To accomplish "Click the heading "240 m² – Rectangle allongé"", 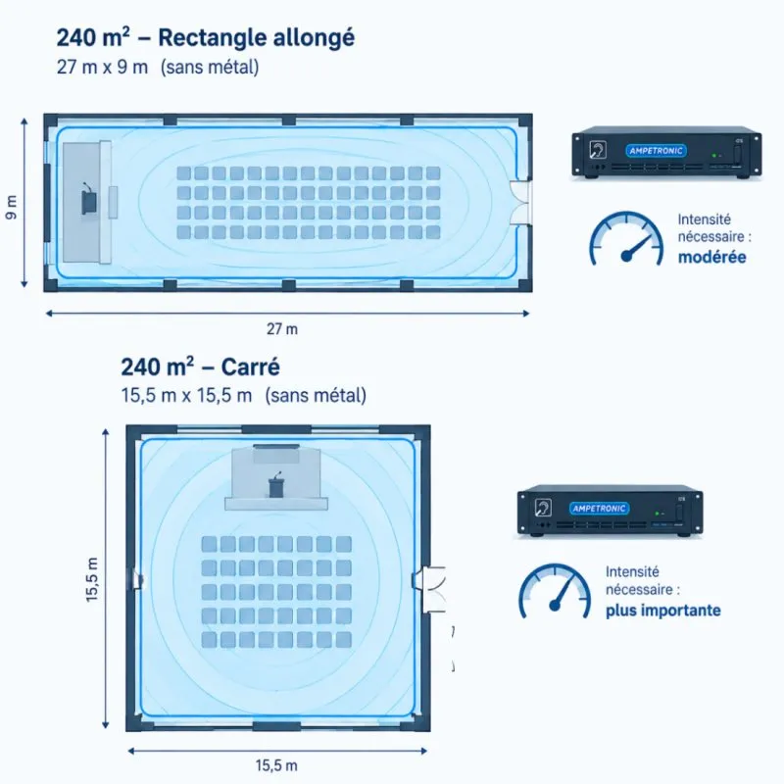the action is click(x=206, y=38).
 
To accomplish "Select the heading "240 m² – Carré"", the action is click(x=200, y=367).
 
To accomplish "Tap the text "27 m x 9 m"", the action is click(x=102, y=67).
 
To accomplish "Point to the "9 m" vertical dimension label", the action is click(x=11, y=207).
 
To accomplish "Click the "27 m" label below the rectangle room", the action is click(x=282, y=329).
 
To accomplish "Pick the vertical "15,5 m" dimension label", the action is click(x=92, y=579).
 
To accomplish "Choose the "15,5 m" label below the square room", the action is click(x=276, y=765).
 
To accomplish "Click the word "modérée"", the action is click(x=712, y=257).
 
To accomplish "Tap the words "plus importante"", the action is click(x=663, y=611).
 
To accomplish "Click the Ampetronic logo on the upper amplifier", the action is click(x=656, y=151).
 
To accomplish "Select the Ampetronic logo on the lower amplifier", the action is click(x=600, y=509).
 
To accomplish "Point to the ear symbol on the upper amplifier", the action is click(x=598, y=150).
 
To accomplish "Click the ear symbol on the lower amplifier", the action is click(x=543, y=508).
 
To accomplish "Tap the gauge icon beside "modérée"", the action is click(x=627, y=238).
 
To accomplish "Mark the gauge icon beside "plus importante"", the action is click(x=555, y=591).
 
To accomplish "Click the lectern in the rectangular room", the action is click(x=89, y=201).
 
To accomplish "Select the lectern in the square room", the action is click(x=276, y=485).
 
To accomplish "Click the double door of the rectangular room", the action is click(x=520, y=202).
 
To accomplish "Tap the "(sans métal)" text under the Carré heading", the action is click(x=316, y=396).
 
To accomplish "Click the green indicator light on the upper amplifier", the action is click(x=714, y=156).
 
